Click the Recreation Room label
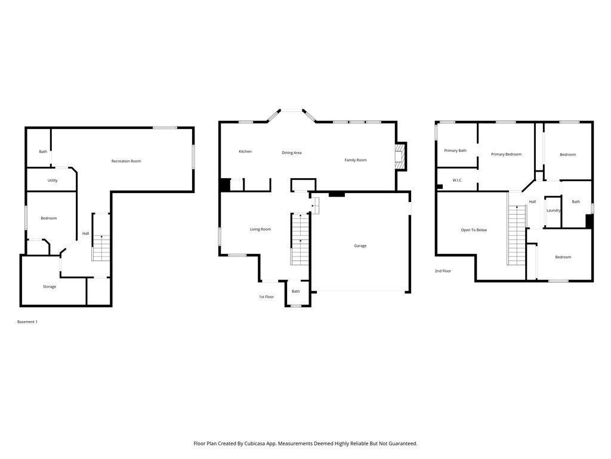(x=126, y=161)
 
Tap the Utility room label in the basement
(x=53, y=180)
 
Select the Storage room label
(x=50, y=287)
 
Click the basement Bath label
(x=43, y=152)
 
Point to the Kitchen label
(x=245, y=152)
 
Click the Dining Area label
(x=292, y=153)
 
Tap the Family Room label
(x=356, y=160)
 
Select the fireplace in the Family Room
(x=399, y=157)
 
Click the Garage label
(x=360, y=246)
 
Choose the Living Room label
(x=260, y=229)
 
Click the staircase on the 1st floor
(x=300, y=239)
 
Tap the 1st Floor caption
(x=266, y=297)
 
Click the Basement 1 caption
(x=27, y=322)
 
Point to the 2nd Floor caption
(x=443, y=271)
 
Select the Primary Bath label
(x=455, y=151)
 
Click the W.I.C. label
(x=458, y=180)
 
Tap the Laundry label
(x=553, y=210)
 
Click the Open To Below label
(x=474, y=230)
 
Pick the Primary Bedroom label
(x=506, y=154)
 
